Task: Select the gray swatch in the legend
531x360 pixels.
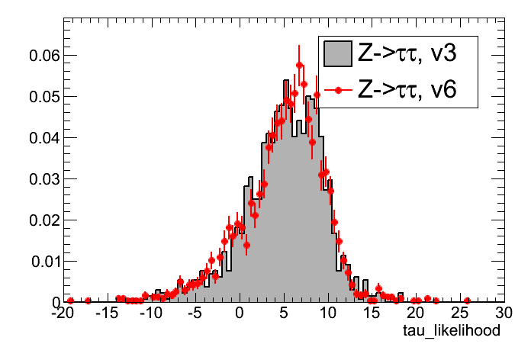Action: (x=336, y=54)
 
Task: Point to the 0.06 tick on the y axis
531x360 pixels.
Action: (x=37, y=56)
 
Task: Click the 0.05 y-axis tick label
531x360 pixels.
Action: (x=37, y=97)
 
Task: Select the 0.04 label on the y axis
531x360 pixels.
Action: (x=37, y=138)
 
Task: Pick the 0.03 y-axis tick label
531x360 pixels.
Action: (x=37, y=179)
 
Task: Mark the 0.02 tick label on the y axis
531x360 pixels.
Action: (x=37, y=220)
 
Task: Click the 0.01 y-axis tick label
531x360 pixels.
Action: (x=37, y=262)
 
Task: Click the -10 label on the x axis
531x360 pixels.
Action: (x=151, y=313)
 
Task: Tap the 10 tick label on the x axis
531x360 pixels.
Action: (x=327, y=313)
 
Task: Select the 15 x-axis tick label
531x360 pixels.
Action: (x=372, y=313)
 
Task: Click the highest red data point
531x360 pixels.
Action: (x=300, y=65)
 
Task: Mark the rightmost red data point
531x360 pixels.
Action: (x=467, y=301)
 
